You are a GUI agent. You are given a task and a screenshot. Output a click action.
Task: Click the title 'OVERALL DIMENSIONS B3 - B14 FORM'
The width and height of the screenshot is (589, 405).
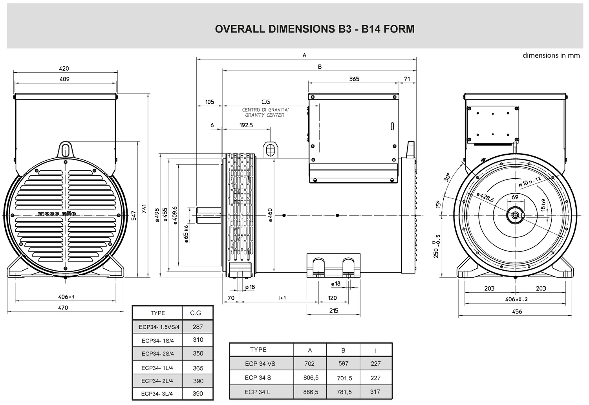click(315, 29)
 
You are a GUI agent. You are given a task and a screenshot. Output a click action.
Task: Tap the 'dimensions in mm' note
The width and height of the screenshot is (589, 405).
click(551, 55)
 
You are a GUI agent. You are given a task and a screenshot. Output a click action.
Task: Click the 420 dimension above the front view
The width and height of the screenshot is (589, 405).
click(64, 68)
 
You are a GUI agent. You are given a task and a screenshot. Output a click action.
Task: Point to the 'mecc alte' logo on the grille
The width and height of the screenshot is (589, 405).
click(57, 214)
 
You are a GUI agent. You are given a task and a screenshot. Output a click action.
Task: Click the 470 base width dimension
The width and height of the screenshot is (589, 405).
click(63, 308)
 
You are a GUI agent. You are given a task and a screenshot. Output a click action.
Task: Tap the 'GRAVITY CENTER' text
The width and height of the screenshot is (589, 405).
click(265, 115)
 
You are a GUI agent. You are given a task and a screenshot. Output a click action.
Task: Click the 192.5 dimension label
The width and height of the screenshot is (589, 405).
click(246, 125)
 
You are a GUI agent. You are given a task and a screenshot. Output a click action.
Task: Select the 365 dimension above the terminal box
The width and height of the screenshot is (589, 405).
click(354, 79)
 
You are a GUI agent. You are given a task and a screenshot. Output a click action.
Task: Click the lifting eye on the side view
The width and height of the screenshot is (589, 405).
click(270, 149)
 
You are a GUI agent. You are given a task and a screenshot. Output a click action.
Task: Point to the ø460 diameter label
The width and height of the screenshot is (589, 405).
click(271, 216)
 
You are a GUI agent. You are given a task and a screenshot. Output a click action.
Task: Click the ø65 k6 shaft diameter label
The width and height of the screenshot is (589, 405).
click(186, 234)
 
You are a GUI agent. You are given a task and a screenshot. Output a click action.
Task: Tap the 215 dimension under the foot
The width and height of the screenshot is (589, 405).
click(334, 311)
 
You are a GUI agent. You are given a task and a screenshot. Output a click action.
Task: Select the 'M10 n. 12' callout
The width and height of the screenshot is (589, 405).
click(530, 181)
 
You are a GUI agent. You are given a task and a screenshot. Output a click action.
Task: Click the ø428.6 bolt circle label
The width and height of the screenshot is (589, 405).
click(485, 197)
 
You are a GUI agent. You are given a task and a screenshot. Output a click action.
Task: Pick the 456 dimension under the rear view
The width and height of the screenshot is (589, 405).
click(517, 312)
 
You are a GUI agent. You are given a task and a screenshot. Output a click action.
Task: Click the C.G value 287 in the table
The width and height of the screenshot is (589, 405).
click(198, 327)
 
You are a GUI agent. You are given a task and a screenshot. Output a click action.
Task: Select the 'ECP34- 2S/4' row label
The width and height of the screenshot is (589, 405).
click(157, 354)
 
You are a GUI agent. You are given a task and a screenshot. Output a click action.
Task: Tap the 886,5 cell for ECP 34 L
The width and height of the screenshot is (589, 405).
click(311, 392)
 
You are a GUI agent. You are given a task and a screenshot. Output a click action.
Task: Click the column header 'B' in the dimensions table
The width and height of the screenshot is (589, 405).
click(343, 350)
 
